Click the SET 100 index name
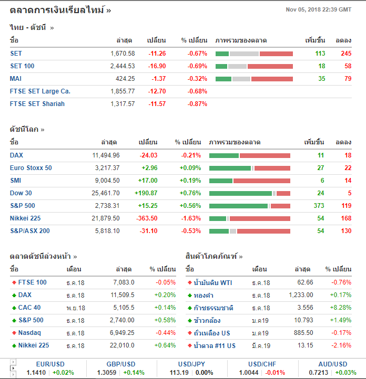(22, 66)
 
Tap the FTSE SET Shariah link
(37, 104)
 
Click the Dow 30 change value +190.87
(146, 193)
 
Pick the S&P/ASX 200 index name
(30, 231)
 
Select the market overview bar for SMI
(249, 181)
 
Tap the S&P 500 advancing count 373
(319, 206)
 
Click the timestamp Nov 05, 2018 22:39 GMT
(318, 9)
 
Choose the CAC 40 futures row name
(29, 308)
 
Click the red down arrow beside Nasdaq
(14, 333)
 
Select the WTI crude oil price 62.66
(305, 282)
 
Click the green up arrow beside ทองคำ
(189, 295)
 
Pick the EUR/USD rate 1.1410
(36, 372)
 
